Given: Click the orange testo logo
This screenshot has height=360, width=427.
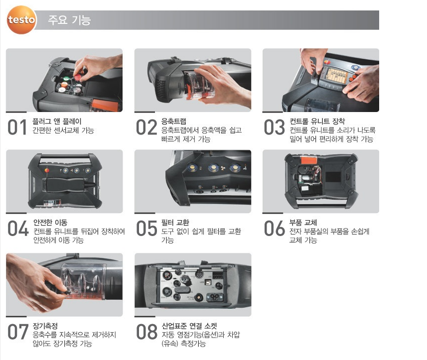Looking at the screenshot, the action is coord(21,20).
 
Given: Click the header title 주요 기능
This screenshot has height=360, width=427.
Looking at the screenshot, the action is coord(69,20).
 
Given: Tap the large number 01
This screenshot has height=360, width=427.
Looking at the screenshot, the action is coord(17,127).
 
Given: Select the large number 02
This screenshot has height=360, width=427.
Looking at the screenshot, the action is coord(146,127).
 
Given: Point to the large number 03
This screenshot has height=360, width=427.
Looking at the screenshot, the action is coord(274,127).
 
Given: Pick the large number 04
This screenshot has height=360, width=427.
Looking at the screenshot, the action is coord(18,228).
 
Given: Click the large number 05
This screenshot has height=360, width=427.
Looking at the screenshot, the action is coord(146,228).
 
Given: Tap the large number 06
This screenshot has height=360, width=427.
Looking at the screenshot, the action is coord(274,228).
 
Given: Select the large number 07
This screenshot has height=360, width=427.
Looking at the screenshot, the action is coord(18,332).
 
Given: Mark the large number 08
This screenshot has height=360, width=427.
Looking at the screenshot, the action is coord(147,332).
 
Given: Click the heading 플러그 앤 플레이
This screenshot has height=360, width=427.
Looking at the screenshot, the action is coord(57,121).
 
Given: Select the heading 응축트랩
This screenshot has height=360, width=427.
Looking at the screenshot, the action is coord(174,121).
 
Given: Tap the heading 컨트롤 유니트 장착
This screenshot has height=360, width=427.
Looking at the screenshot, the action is coord(317,121).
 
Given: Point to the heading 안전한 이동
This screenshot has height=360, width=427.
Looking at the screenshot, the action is coord(50,223).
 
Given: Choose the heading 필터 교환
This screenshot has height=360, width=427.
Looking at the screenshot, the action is coord(175,223).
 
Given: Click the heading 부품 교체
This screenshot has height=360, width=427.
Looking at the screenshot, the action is coord(303,223).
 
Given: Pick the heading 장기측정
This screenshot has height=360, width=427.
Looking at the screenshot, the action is coord(45,326).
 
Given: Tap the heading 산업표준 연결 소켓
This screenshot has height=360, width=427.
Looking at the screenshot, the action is coord(189,326).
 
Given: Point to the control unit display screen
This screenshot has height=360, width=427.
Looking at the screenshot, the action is coord(337,75).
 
